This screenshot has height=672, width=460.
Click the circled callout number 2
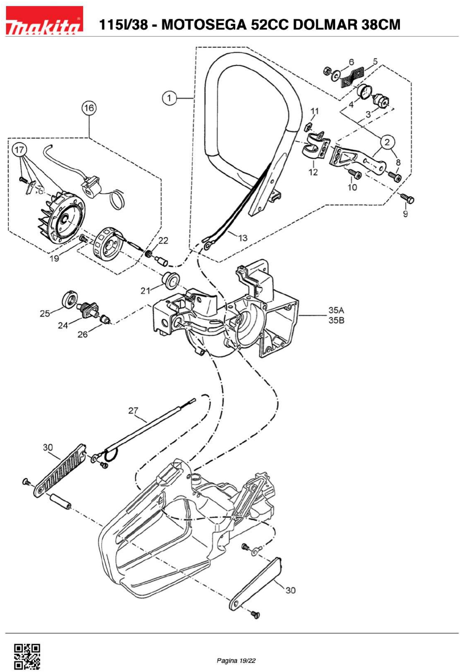pyautogui.click(x=387, y=142)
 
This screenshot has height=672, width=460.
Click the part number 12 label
pyautogui.click(x=313, y=172)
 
